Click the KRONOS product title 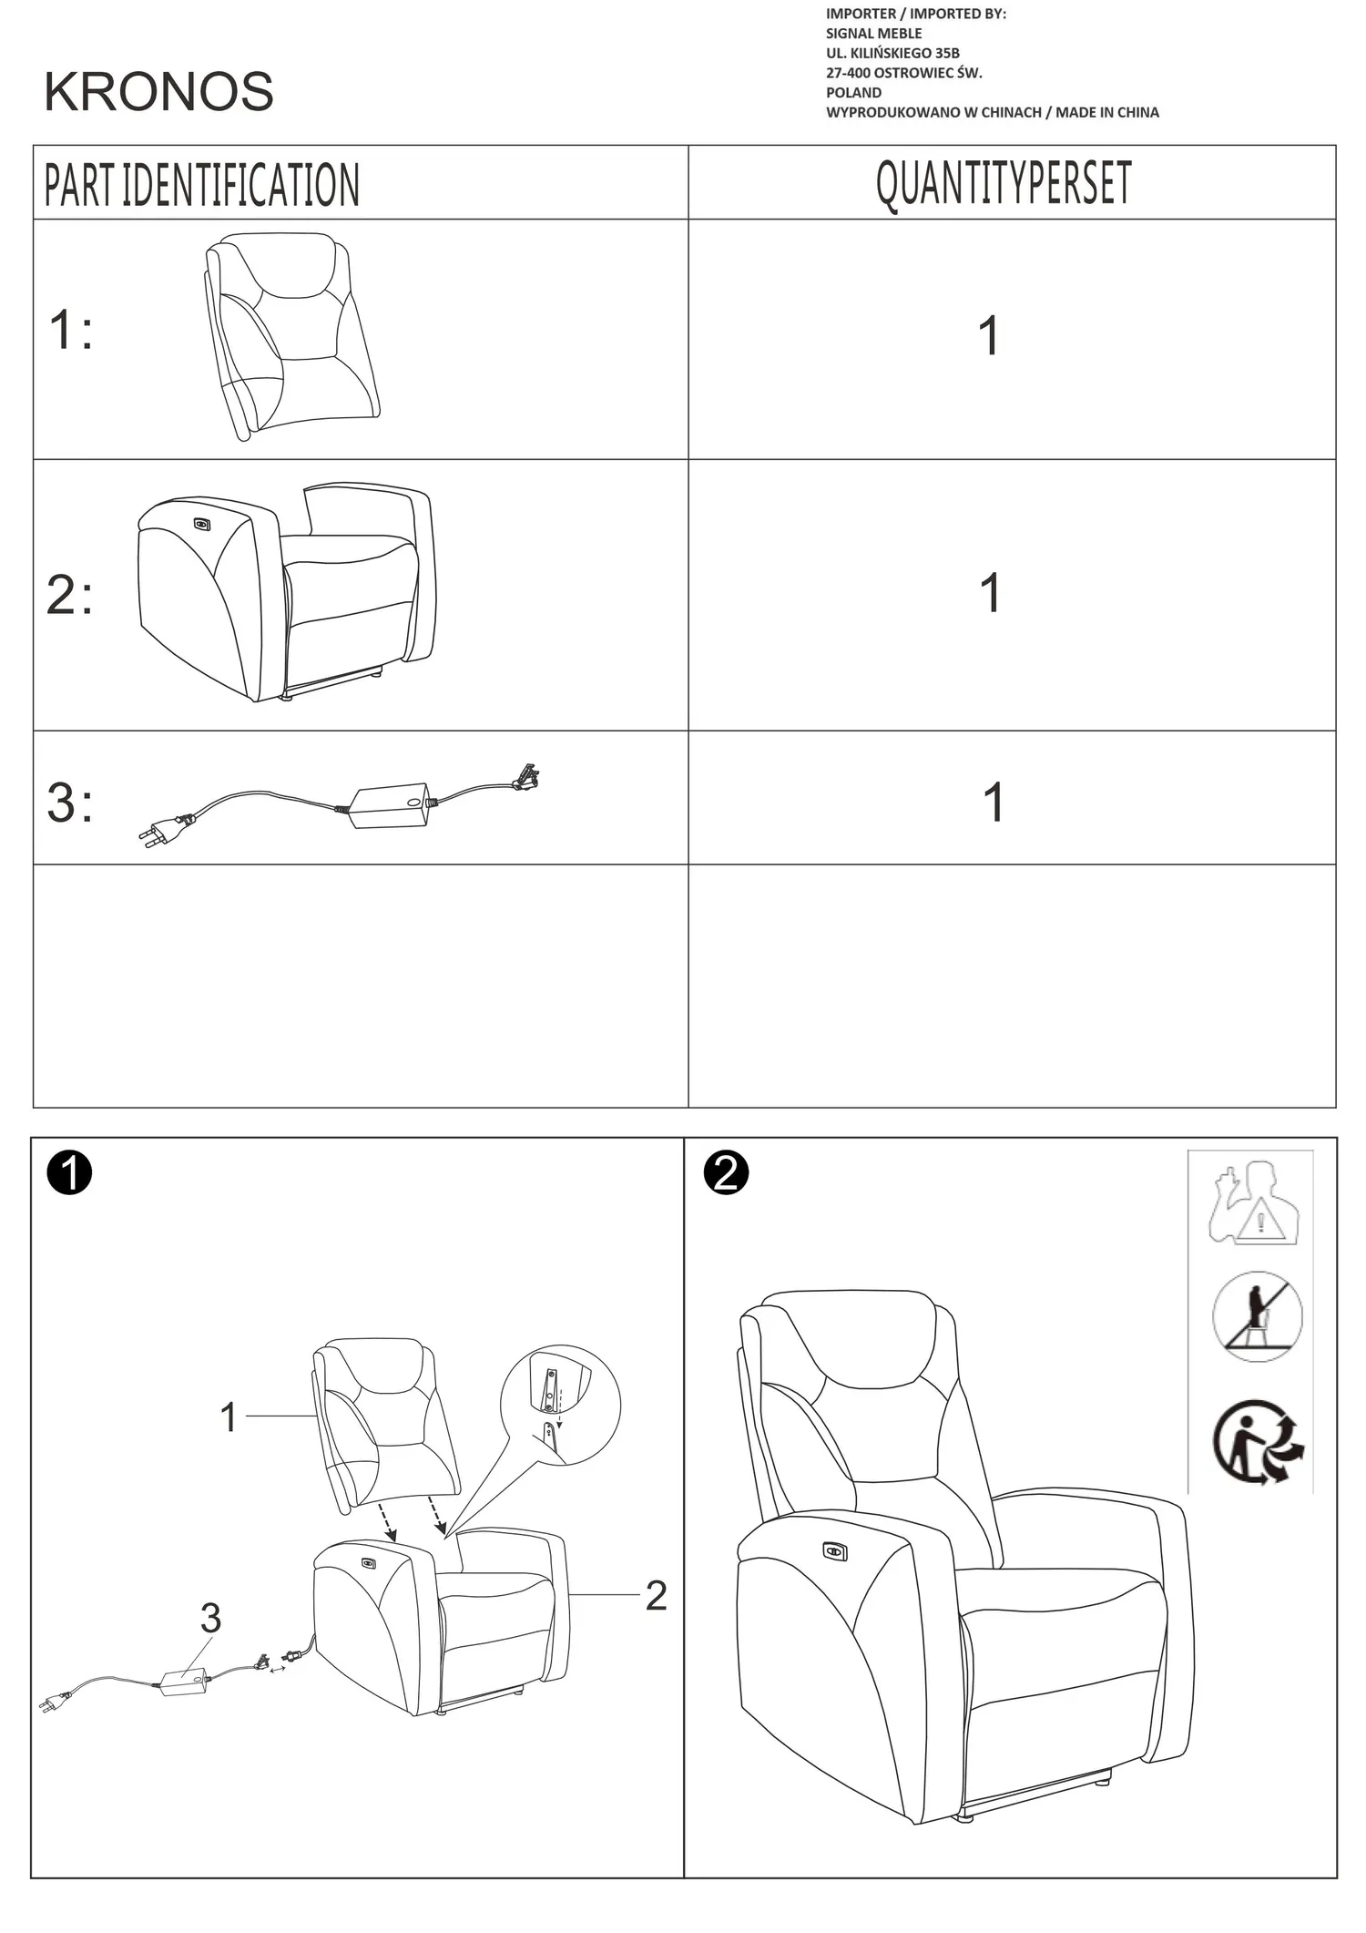point(158,91)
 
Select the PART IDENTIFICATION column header point(202,185)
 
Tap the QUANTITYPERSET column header point(1004,183)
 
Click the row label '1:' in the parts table point(70,329)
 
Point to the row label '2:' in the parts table point(69,595)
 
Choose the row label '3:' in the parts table point(69,803)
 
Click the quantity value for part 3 point(994,803)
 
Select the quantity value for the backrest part point(989,335)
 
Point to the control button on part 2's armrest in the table point(202,524)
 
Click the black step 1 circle point(69,1173)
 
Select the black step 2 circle point(726,1173)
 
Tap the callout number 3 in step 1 point(210,1618)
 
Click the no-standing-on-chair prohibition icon point(1258,1317)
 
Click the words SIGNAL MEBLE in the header point(873,34)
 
